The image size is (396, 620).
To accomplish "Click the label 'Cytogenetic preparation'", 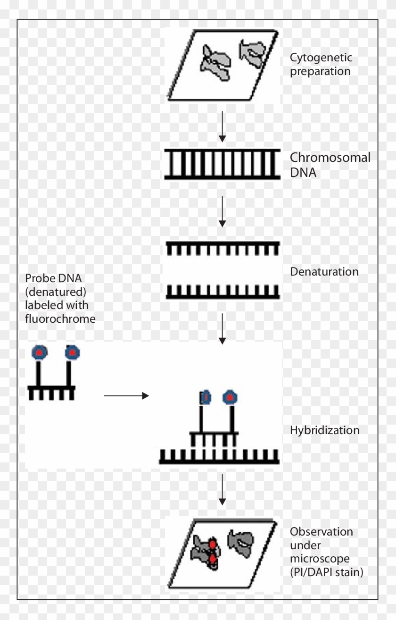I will click(321, 65).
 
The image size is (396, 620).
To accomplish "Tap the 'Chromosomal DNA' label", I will click(330, 165).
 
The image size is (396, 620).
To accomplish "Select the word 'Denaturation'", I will click(324, 272).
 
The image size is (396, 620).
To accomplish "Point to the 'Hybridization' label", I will click(324, 430).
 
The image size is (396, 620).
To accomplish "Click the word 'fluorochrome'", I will click(60, 319).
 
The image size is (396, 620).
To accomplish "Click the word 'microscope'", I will click(320, 559).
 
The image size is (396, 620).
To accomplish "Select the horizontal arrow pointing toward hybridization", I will click(126, 396).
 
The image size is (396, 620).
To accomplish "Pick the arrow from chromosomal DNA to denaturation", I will click(223, 212).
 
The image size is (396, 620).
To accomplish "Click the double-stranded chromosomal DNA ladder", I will click(223, 165).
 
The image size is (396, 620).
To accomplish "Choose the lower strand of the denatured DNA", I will click(223, 293).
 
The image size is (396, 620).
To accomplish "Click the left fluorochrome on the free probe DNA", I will click(39, 352).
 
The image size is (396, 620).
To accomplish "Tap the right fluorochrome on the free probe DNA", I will click(72, 352).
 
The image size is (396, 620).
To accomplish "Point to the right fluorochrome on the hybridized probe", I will click(230, 398).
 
